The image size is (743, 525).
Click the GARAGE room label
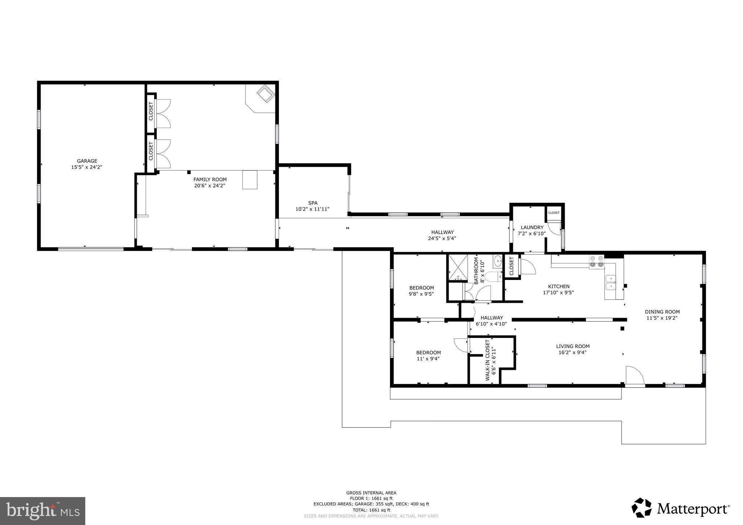[x=87, y=161]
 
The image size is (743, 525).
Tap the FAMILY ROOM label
[x=210, y=179]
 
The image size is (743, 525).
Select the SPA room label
[x=313, y=203]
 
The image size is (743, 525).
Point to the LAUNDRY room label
[x=532, y=227]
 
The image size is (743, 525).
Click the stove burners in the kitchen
[x=596, y=261]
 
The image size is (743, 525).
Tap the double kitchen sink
[x=611, y=283]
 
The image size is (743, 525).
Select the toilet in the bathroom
[x=493, y=277]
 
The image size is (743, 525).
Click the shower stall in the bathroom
[x=458, y=268]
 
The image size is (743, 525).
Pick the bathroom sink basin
[x=497, y=260]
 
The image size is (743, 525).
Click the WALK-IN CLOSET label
[x=488, y=360]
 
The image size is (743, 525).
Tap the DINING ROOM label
[x=662, y=312]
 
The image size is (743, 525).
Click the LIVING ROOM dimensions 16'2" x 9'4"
[x=572, y=352]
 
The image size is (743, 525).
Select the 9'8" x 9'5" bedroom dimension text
[x=421, y=294]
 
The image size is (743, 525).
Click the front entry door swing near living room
[x=635, y=375]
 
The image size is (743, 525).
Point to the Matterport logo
[x=681, y=508]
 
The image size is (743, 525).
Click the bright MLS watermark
[x=43, y=511]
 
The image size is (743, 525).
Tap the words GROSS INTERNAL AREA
[x=371, y=493]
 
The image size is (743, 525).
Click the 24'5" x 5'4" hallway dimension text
[x=442, y=239]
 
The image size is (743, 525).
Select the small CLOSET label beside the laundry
[x=554, y=213]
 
